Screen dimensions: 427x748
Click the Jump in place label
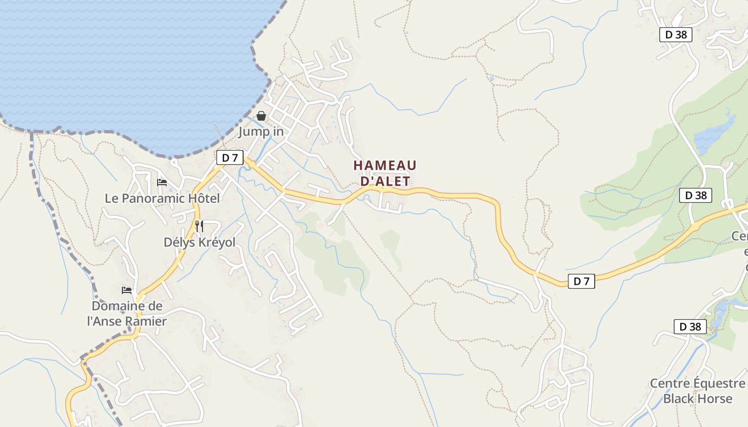pyautogui.click(x=261, y=131)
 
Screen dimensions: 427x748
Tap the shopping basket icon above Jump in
pyautogui.click(x=261, y=116)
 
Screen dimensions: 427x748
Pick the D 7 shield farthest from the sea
pyautogui.click(x=581, y=281)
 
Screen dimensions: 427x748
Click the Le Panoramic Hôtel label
pyautogui.click(x=162, y=199)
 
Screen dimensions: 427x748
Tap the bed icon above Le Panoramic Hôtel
pyautogui.click(x=162, y=183)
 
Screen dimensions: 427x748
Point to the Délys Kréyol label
pyautogui.click(x=199, y=242)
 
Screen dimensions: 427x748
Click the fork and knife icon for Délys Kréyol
pyautogui.click(x=199, y=226)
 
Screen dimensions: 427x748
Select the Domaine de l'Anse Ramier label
pyautogui.click(x=127, y=314)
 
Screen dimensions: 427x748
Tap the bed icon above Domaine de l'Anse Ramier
pyautogui.click(x=127, y=290)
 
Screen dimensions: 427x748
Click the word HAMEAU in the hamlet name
pyautogui.click(x=385, y=165)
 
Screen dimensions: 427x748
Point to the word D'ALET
pyautogui.click(x=385, y=181)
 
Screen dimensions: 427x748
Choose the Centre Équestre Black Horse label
pyautogui.click(x=697, y=391)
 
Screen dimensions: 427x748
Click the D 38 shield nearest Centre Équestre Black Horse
pyautogui.click(x=690, y=327)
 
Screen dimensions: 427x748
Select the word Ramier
pyautogui.click(x=146, y=321)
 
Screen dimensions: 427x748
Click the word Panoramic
pyautogui.click(x=152, y=199)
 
